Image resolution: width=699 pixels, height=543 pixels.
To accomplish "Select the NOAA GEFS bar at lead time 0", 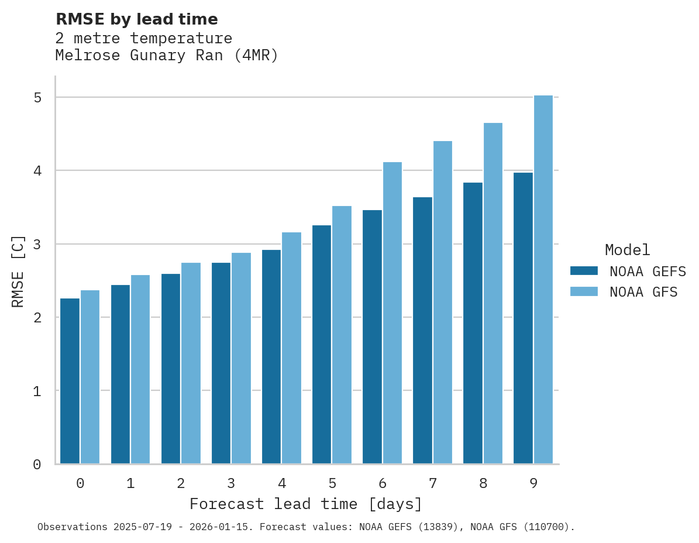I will point(70,381).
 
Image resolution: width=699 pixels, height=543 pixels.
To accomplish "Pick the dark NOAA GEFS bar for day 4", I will point(271,357).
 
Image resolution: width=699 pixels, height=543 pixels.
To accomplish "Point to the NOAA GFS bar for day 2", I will point(191,363).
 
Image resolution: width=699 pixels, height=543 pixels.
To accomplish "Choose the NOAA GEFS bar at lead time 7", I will point(422,331).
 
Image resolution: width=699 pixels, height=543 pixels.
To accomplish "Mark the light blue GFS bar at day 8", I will point(493,293).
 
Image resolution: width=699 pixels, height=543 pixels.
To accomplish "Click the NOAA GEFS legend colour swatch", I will point(584,271).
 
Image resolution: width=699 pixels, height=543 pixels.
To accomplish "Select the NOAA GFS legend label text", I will point(643,292).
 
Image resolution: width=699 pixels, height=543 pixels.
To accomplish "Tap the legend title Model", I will point(628,250).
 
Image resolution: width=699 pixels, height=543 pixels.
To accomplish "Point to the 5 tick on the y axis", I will point(37,98).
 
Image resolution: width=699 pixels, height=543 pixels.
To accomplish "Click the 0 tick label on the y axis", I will point(37,465).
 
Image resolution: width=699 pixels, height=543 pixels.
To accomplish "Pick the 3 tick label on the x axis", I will point(231,483).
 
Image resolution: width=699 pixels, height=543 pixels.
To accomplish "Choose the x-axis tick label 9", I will point(533,483).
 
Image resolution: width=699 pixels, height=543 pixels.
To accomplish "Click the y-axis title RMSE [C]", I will point(19,271).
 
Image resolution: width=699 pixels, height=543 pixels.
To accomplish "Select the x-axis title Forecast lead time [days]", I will point(306,504).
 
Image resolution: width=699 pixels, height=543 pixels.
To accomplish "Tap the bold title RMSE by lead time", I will point(137,19).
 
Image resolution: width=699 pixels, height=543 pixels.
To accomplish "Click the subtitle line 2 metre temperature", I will point(144,39).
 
